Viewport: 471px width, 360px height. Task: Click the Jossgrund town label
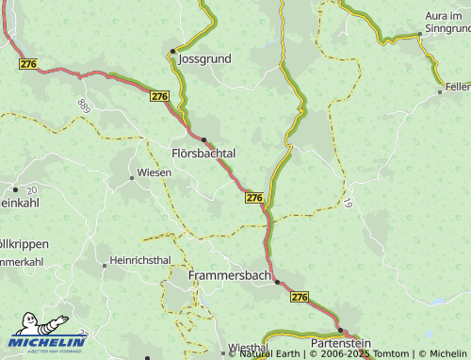[204, 58]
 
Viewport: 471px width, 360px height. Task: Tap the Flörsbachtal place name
[203, 153]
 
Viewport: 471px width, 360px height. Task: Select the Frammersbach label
[229, 275]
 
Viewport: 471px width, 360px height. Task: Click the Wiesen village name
[154, 172]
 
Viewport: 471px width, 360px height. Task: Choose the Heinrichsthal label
[140, 259]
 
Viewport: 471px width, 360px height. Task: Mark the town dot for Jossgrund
[172, 51]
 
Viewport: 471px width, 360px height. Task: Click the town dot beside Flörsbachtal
[203, 139]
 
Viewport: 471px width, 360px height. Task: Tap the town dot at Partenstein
[340, 331]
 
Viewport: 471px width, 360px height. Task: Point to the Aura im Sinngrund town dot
[420, 35]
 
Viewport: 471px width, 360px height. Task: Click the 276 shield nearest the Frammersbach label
[300, 297]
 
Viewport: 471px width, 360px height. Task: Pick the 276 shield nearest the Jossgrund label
[159, 96]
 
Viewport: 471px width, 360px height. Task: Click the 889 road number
[85, 106]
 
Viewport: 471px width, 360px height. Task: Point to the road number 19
[348, 203]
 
